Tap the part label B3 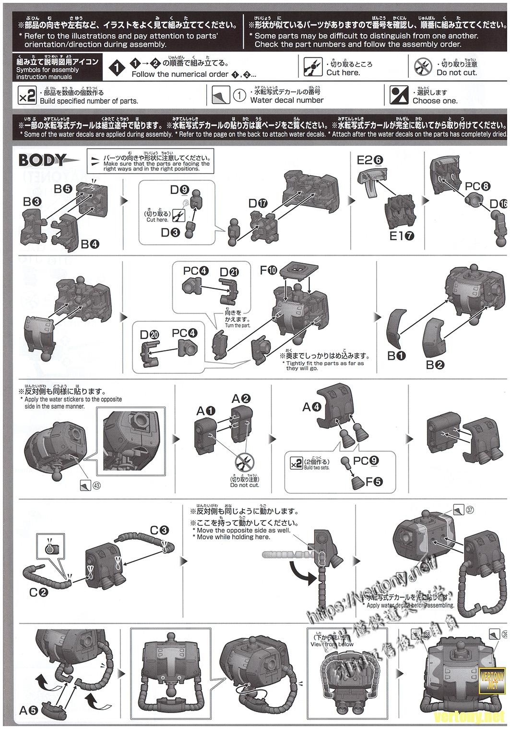click(x=32, y=202)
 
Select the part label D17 click(x=258, y=203)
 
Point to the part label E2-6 click(x=369, y=160)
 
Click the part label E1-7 click(x=402, y=236)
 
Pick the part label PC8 click(x=477, y=186)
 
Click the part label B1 click(x=396, y=356)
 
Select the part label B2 click(x=435, y=365)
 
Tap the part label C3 click(x=159, y=530)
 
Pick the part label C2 click(x=38, y=592)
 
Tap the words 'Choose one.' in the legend click(x=435, y=101)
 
